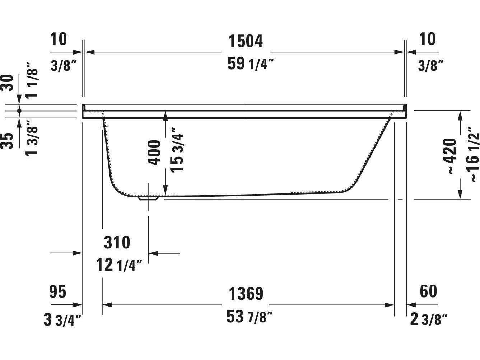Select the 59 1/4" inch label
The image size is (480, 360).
point(251,64)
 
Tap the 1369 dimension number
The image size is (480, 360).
point(246,294)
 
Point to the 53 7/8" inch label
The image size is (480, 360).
point(250,317)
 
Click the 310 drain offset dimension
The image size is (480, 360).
point(117,243)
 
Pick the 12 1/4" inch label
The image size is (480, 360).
point(119,266)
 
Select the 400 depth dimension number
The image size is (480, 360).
point(155,153)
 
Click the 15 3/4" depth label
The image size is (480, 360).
point(177,150)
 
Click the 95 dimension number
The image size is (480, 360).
point(58,292)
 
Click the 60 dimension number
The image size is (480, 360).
point(428,291)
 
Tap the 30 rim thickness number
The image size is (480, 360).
point(8,83)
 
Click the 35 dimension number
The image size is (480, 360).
point(8,140)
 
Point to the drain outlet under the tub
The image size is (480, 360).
point(148,197)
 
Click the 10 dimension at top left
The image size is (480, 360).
point(59,39)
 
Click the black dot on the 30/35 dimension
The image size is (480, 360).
point(19,111)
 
